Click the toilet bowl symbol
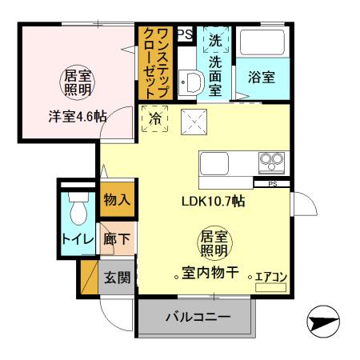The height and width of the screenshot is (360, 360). [x=78, y=210]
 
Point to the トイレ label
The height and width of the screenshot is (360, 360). [x=76, y=239]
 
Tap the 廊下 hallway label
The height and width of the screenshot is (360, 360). [x=117, y=238]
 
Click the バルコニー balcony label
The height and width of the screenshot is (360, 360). [x=198, y=318]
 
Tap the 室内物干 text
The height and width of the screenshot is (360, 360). [x=211, y=273]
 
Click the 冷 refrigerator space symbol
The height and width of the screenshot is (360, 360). [x=155, y=118]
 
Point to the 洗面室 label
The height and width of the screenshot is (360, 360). [x=216, y=74]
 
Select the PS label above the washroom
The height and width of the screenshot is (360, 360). [x=184, y=34]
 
